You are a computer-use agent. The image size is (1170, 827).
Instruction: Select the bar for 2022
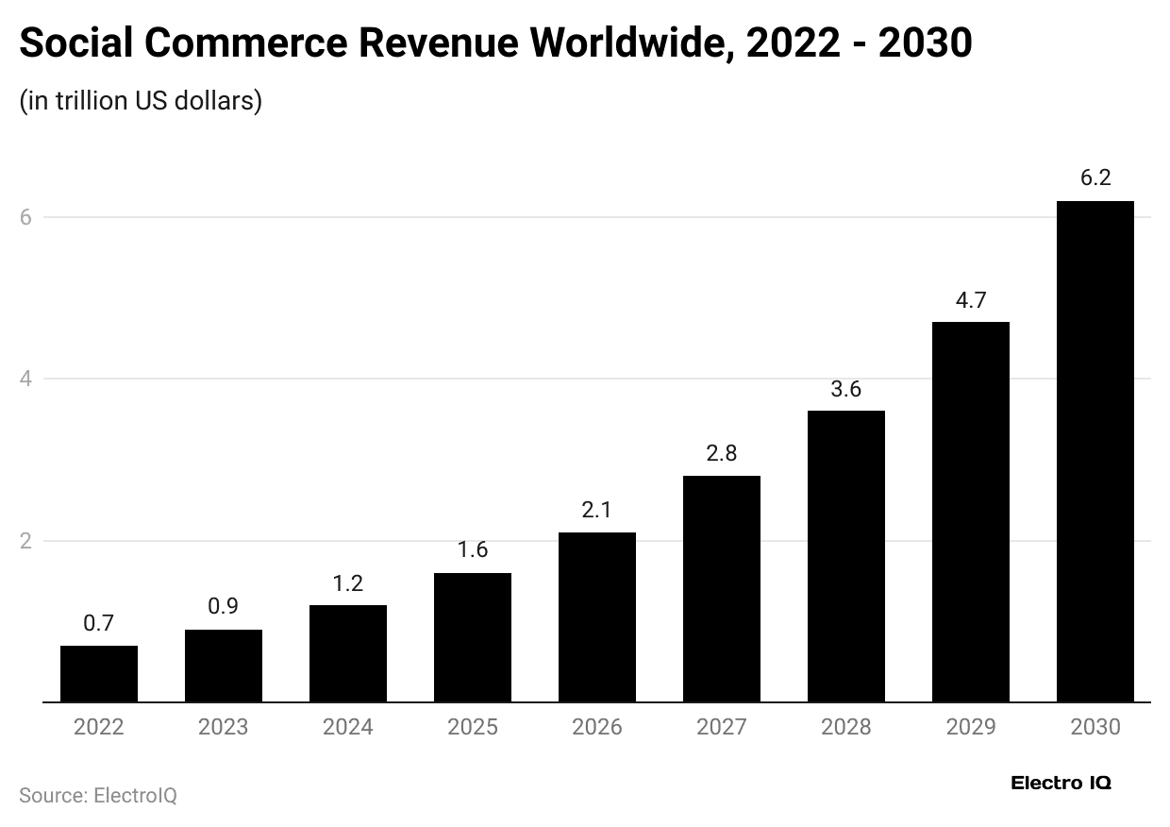(99, 674)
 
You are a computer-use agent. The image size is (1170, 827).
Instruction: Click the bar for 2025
(473, 637)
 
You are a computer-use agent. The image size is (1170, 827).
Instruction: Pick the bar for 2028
(846, 556)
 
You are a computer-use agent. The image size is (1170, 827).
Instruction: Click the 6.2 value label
(1095, 177)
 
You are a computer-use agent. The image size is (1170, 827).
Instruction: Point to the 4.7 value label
(971, 300)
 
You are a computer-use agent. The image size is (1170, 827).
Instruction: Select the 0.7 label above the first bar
(99, 623)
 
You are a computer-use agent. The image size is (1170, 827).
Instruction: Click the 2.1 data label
(597, 510)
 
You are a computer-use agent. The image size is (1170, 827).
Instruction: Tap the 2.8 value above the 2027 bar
(722, 453)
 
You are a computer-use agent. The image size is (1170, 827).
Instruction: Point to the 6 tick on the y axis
(25, 217)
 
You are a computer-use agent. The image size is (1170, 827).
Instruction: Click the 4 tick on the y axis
(25, 379)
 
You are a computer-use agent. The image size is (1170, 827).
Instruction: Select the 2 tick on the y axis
(25, 541)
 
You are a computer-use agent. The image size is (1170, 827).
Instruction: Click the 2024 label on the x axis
(348, 727)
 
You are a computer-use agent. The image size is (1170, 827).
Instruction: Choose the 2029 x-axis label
(971, 727)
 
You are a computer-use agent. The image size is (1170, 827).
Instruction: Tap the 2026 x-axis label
(597, 727)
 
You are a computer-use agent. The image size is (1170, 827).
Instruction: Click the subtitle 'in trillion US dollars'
(141, 100)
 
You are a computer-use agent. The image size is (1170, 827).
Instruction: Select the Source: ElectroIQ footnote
(98, 795)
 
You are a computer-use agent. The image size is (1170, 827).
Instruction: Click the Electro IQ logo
(1061, 783)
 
